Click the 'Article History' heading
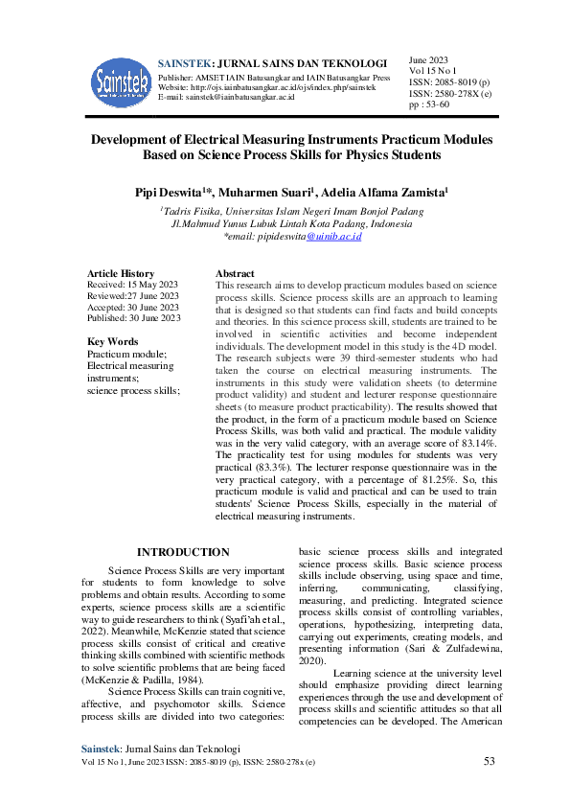coord(121,273)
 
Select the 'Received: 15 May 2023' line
coord(132,285)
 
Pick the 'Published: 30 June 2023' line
coord(134,317)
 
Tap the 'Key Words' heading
coord(112,342)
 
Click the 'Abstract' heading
coord(235,273)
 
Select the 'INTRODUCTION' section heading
coord(183,552)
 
